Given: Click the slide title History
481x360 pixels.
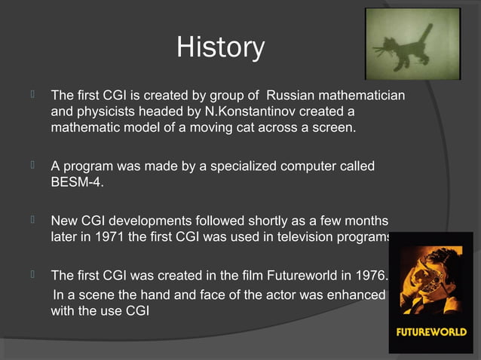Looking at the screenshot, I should pos(220,47).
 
